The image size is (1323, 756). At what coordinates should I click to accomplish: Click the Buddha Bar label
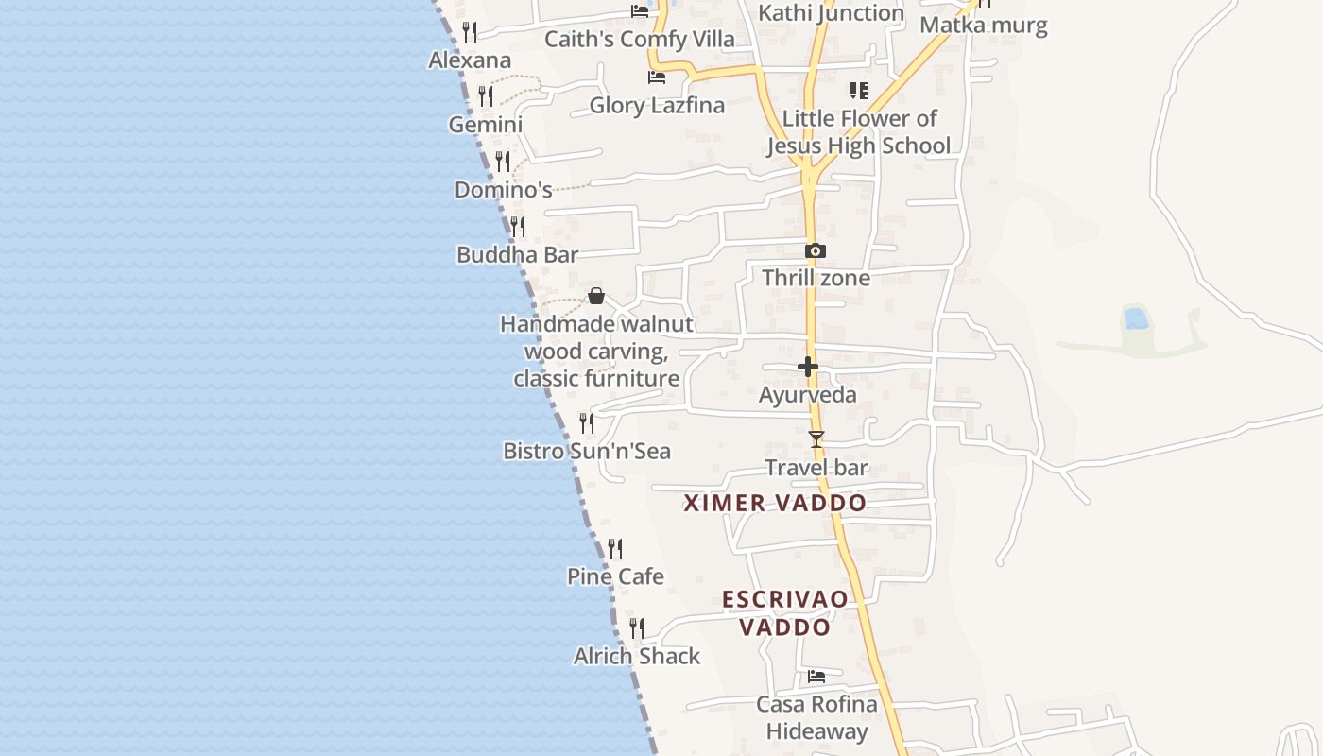pos(517,255)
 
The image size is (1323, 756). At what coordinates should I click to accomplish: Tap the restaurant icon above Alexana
pos(469,32)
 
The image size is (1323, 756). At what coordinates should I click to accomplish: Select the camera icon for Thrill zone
pos(815,250)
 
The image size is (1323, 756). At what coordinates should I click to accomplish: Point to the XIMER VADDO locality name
pos(775,503)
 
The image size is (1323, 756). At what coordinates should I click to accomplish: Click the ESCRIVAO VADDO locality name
pos(784,613)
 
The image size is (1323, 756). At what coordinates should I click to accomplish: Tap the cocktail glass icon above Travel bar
pos(816,439)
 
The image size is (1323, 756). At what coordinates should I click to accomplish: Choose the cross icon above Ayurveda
pos(808,367)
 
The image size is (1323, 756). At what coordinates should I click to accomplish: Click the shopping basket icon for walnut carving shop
pos(596,296)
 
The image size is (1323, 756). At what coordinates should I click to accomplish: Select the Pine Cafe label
pos(615,576)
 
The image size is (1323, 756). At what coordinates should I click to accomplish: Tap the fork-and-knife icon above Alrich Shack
pos(637,628)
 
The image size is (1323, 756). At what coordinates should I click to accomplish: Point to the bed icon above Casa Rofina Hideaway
pos(816,677)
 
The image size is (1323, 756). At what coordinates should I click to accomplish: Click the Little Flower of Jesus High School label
pos(858,132)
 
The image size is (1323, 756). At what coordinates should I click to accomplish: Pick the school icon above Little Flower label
pos(858,91)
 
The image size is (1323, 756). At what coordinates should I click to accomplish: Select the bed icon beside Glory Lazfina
pos(656,77)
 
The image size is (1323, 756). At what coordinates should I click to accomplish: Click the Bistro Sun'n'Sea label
pos(586,452)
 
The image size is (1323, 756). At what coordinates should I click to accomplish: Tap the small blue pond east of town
pos(1137,318)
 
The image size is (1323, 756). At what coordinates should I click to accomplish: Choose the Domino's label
pos(503,190)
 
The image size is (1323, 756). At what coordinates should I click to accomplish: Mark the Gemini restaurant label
pos(485,125)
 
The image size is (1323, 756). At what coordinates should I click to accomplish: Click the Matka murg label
pos(984,26)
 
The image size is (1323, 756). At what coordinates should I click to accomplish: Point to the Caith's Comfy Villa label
pos(639,40)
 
